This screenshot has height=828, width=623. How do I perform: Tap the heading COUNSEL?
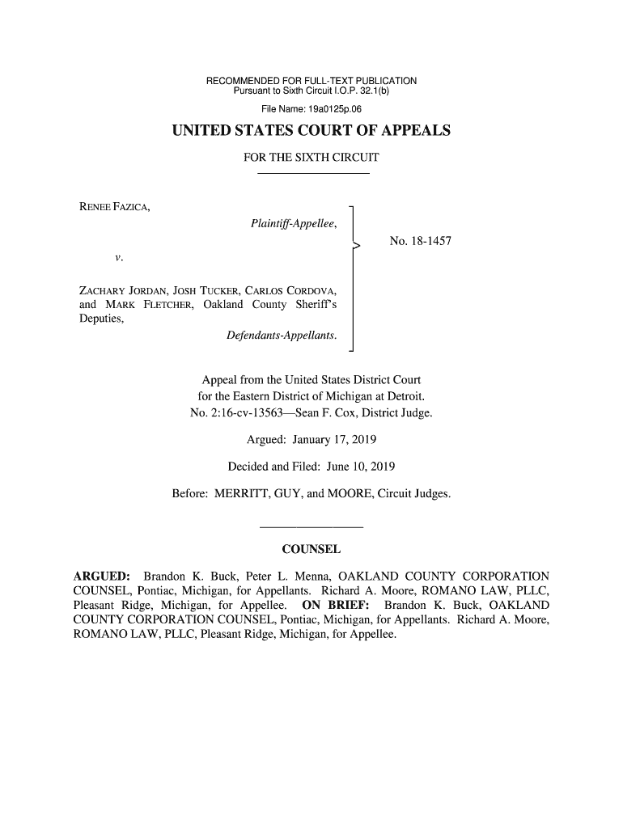tap(311, 551)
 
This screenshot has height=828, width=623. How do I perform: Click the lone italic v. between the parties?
tap(119, 258)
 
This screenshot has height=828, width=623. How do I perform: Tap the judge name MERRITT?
tap(242, 493)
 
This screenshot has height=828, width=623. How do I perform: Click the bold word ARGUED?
tap(103, 576)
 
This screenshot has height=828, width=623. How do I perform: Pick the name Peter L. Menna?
tap(281, 576)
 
